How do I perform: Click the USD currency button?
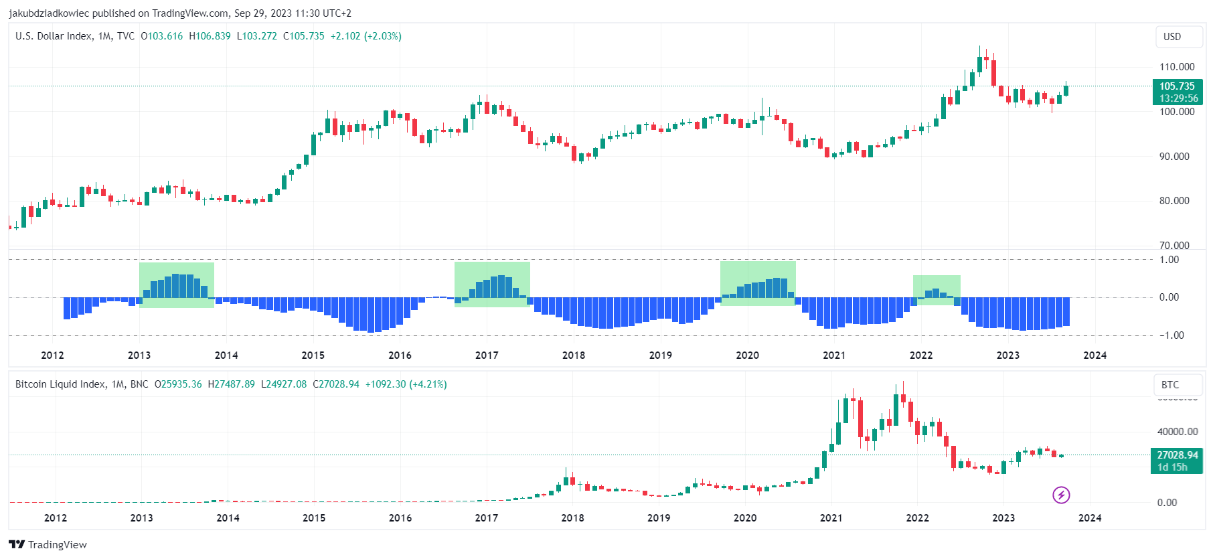1172,37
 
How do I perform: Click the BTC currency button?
1170,385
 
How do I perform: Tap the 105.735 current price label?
1177,92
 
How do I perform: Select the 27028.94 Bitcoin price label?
1177,461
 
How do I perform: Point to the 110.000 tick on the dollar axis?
1177,67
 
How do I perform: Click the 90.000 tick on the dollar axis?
1174,157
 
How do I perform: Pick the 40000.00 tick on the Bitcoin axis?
1178,432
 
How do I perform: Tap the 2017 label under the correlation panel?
487,355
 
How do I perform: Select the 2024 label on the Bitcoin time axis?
1090,518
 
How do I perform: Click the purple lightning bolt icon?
1061,495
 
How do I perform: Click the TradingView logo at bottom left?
48,544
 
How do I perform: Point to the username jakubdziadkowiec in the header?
49,13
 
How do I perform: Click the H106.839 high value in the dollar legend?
210,36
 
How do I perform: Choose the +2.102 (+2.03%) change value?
366,36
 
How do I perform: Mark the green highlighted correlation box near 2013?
177,285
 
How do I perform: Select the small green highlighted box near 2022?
937,290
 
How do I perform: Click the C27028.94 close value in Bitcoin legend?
336,384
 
